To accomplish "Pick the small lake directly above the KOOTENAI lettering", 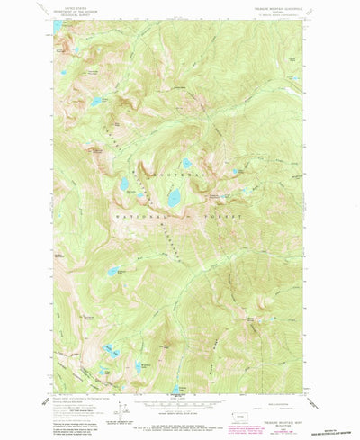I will [186, 164].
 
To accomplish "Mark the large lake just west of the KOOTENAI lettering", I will [125, 184].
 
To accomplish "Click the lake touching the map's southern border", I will [176, 391].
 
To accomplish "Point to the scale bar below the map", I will [178, 406].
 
